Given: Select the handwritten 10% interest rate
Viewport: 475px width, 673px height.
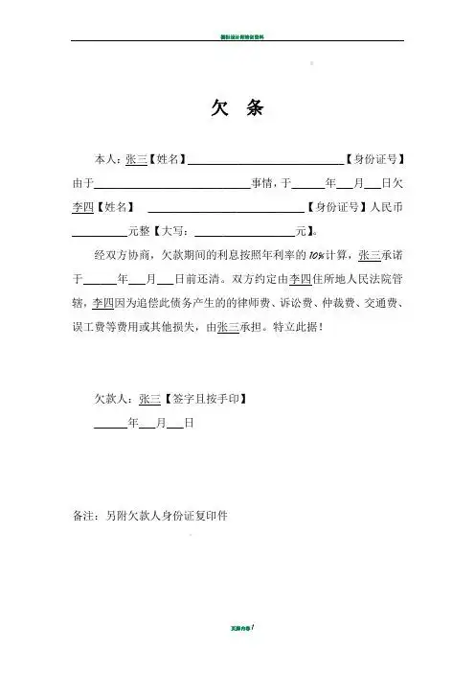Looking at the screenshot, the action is [319, 256].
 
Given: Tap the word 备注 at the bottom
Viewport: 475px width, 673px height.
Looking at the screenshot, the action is [84, 515].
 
